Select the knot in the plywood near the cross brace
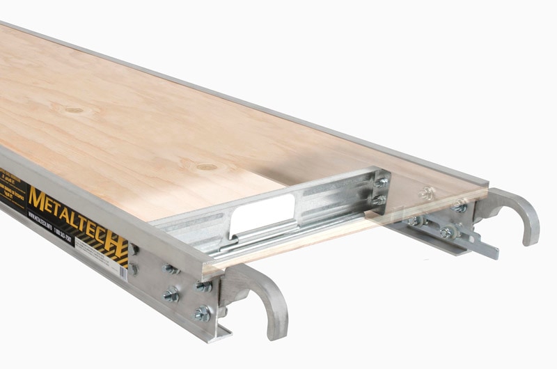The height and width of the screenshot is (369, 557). (206, 167)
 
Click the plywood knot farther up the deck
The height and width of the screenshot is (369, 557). (74, 109)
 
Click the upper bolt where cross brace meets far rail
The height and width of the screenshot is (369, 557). (382, 182)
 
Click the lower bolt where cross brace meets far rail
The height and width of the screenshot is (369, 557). (380, 200)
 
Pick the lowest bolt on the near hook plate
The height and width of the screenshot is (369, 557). (203, 313)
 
